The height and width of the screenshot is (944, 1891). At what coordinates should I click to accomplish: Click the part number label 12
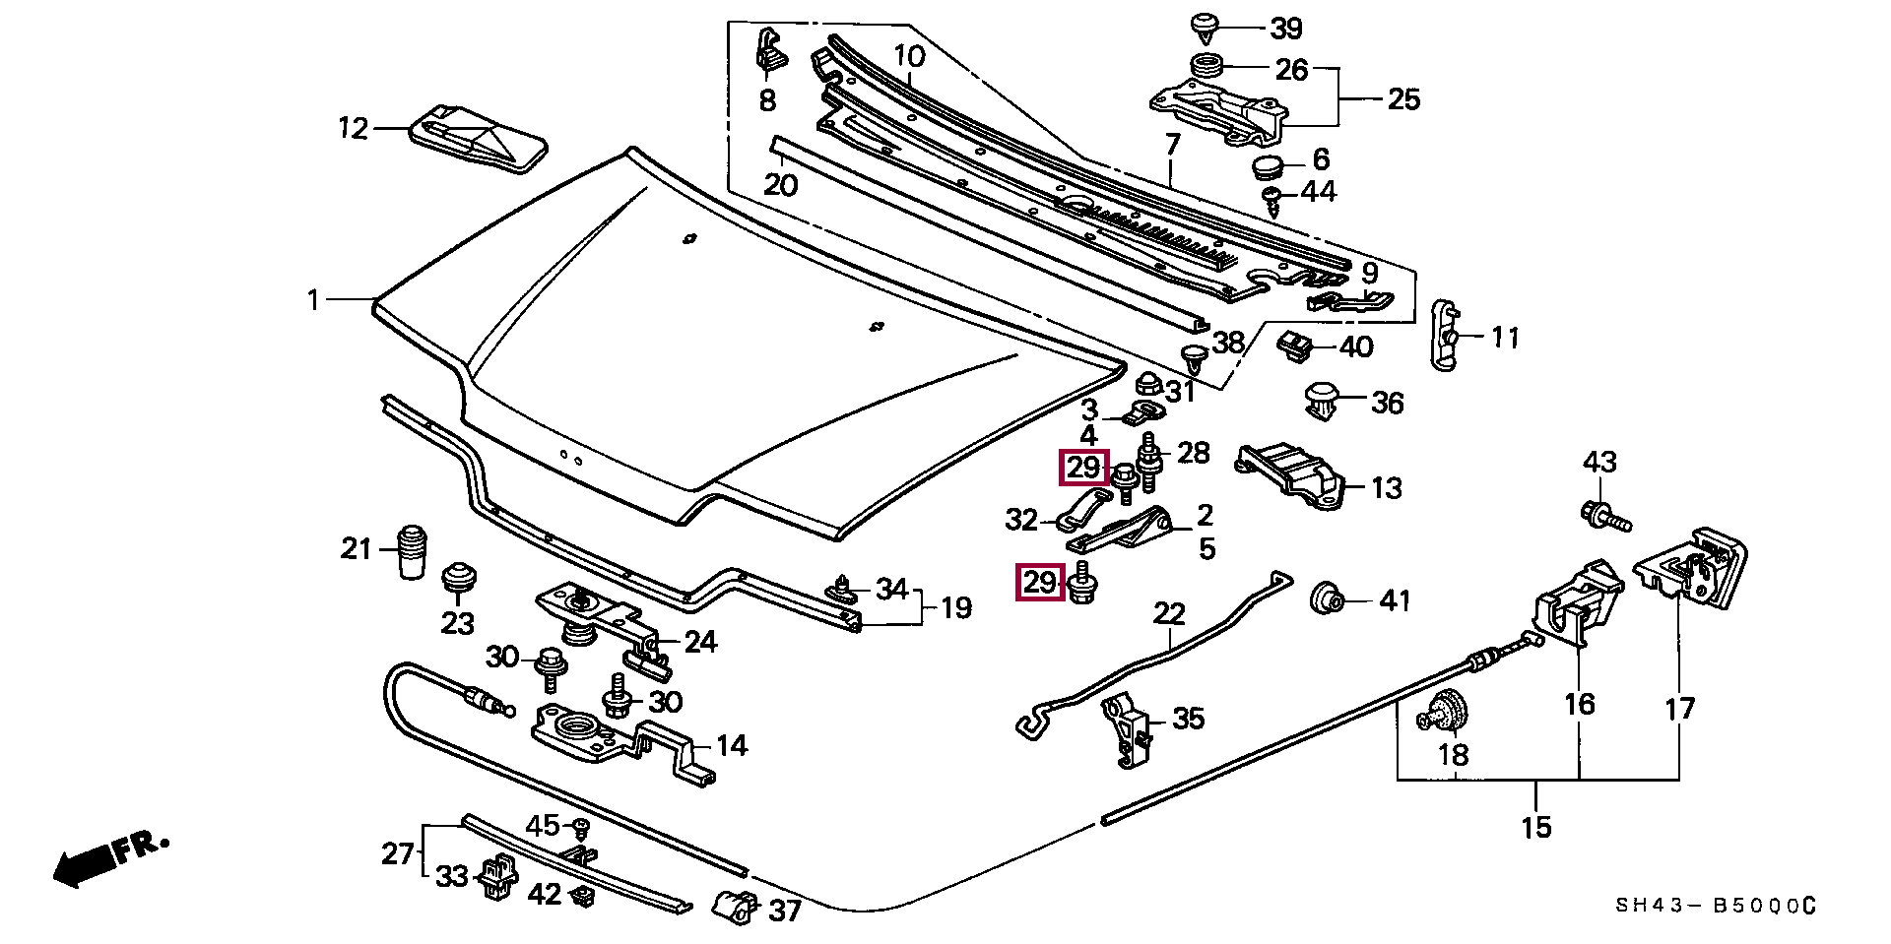pos(353,128)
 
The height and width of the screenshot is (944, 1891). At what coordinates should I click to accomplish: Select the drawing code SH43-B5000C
pos(1713,906)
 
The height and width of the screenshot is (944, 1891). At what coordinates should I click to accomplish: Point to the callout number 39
pos(1285,30)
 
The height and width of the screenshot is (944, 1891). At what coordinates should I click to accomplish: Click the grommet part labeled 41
pos(1327,598)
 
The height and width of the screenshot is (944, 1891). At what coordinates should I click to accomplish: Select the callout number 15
pos(1535,827)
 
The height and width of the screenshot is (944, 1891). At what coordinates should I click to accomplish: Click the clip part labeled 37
pos(737,906)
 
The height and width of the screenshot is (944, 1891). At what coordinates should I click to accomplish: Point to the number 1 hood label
pos(313,298)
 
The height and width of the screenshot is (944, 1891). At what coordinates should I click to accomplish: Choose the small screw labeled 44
pos(1272,201)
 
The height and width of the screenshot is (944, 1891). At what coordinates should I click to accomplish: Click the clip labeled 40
pos(1295,346)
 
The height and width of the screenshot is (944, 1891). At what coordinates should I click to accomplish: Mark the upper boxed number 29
pos(1083,468)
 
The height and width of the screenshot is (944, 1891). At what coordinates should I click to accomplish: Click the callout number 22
pos(1169,614)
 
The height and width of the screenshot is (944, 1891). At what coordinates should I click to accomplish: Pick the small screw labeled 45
pos(581,827)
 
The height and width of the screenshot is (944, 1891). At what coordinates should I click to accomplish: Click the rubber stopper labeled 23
pos(457,578)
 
